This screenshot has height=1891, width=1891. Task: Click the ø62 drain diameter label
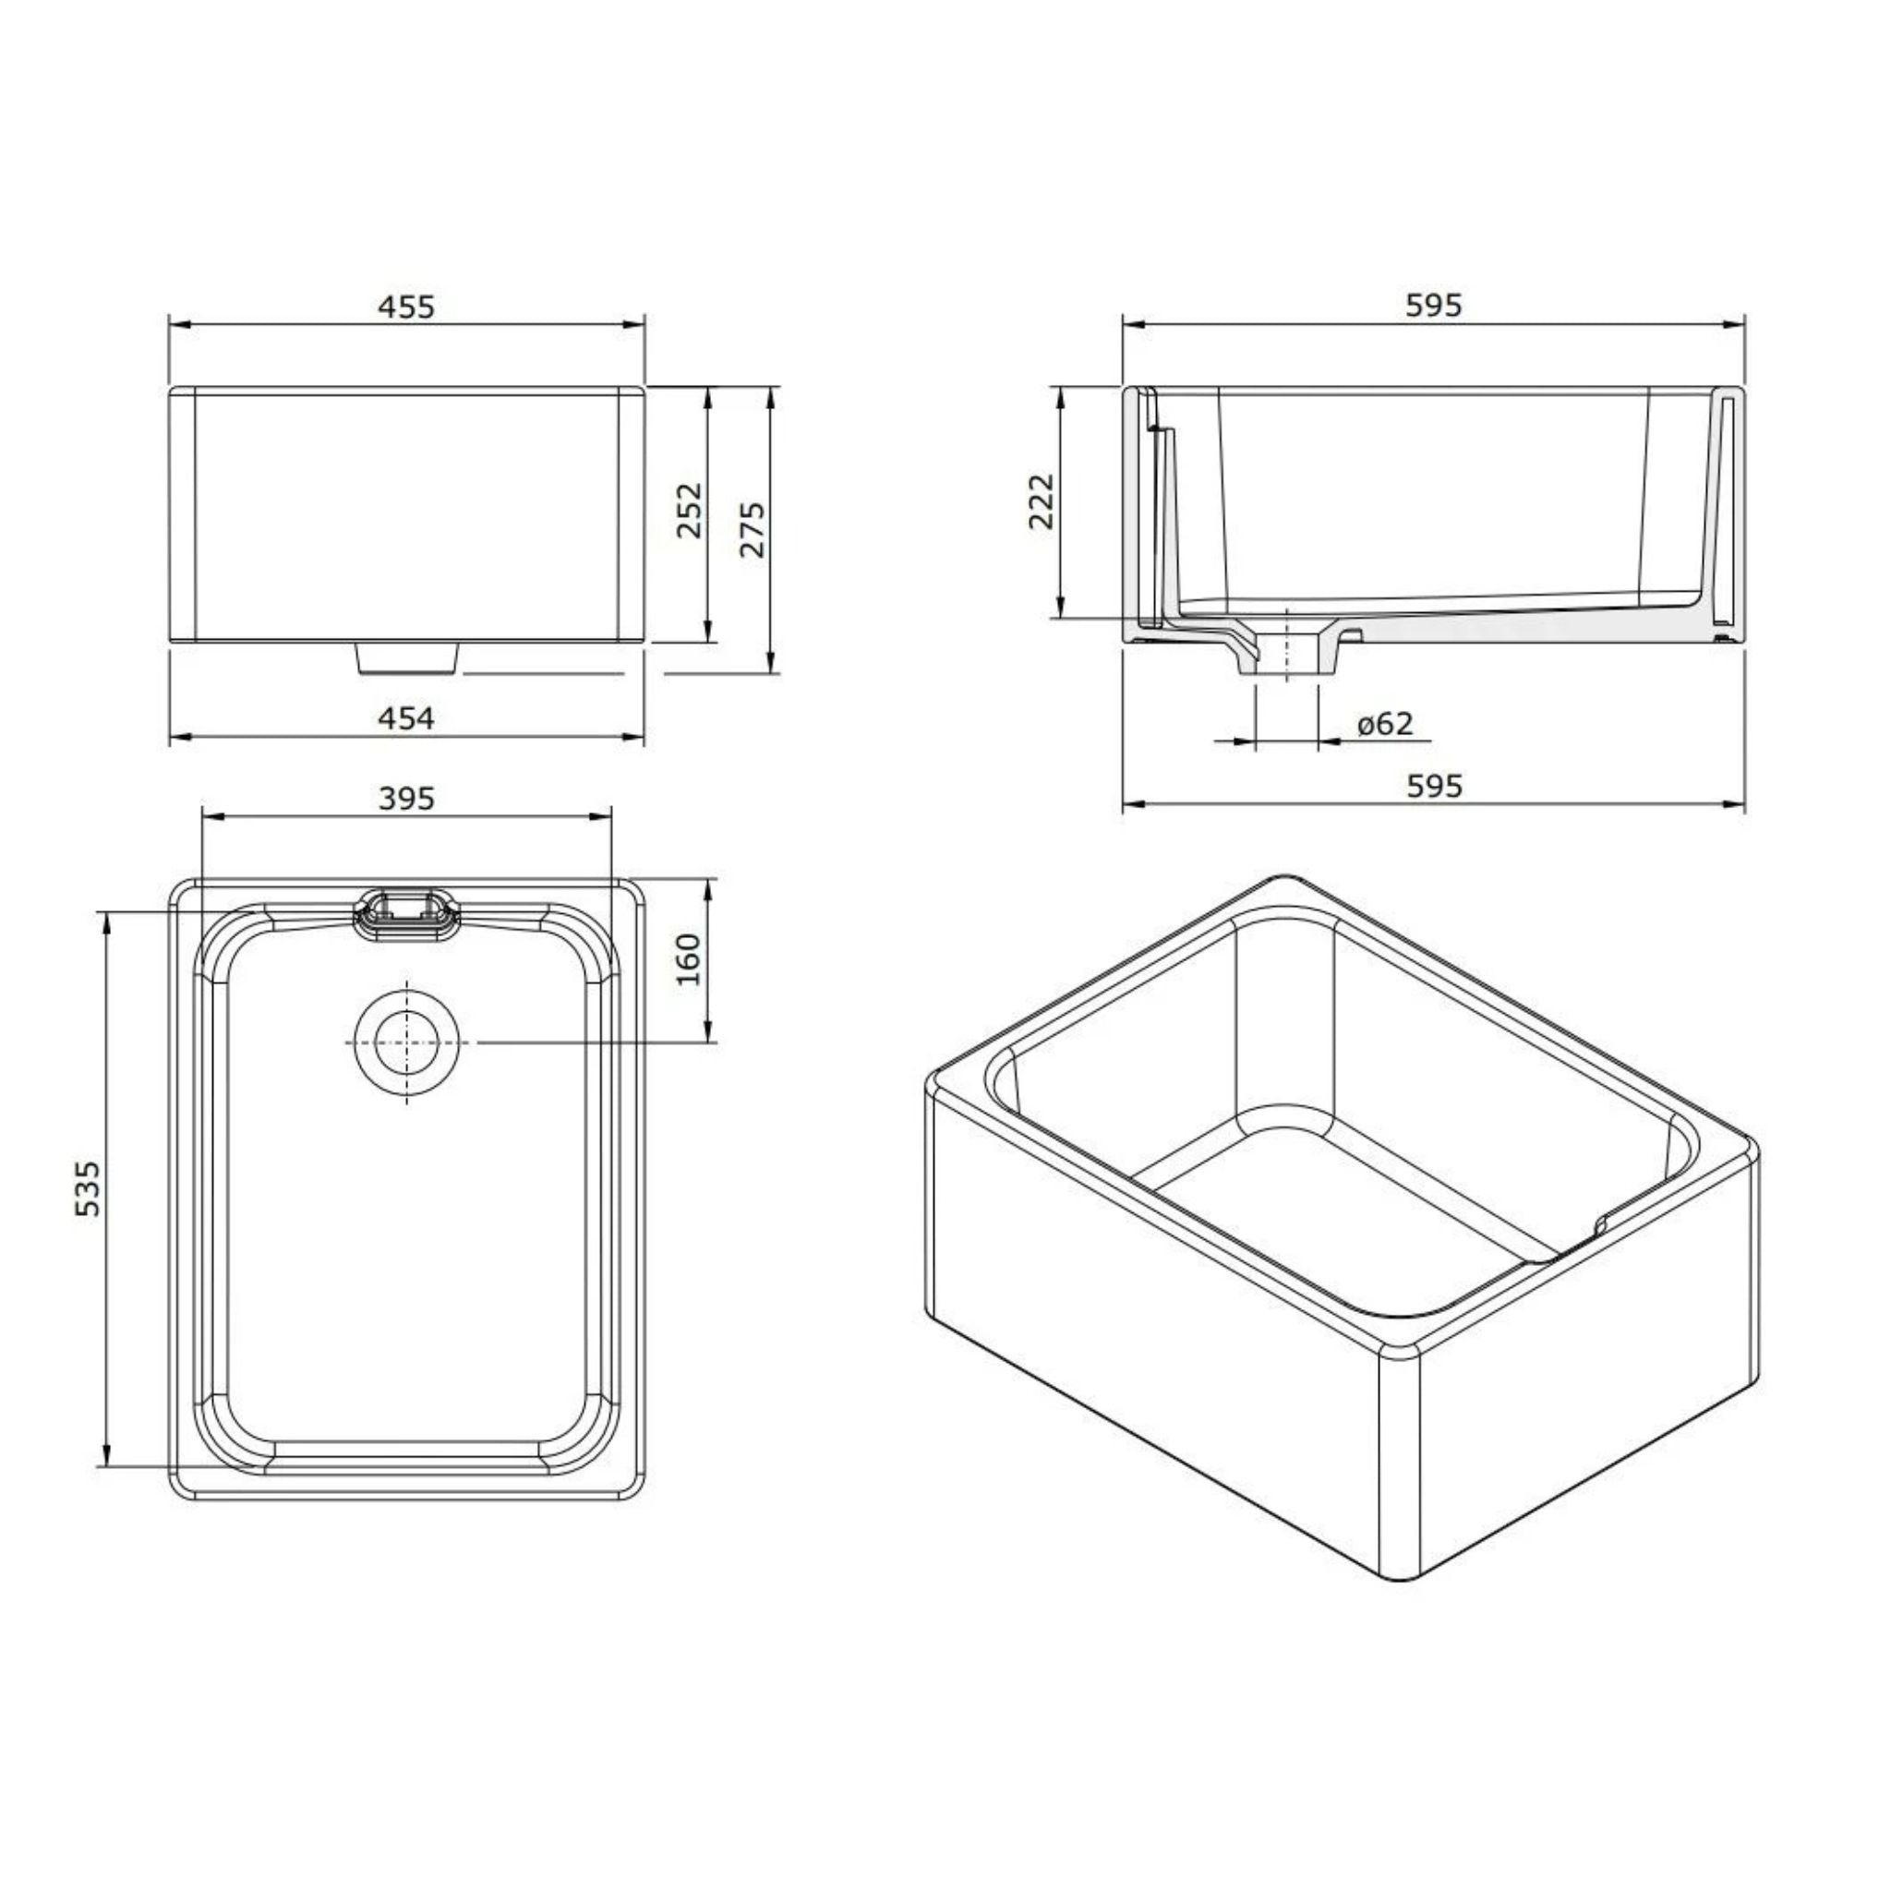coord(1385,723)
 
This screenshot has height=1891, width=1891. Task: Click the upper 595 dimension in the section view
coord(1433,306)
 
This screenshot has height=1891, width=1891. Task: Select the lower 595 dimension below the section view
coord(1433,785)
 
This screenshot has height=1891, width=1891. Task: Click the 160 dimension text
coord(689,959)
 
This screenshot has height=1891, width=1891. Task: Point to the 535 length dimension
coord(88,1188)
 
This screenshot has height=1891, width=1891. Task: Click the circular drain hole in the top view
coord(405,1042)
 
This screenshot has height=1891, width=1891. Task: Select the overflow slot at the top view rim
coord(405,913)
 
